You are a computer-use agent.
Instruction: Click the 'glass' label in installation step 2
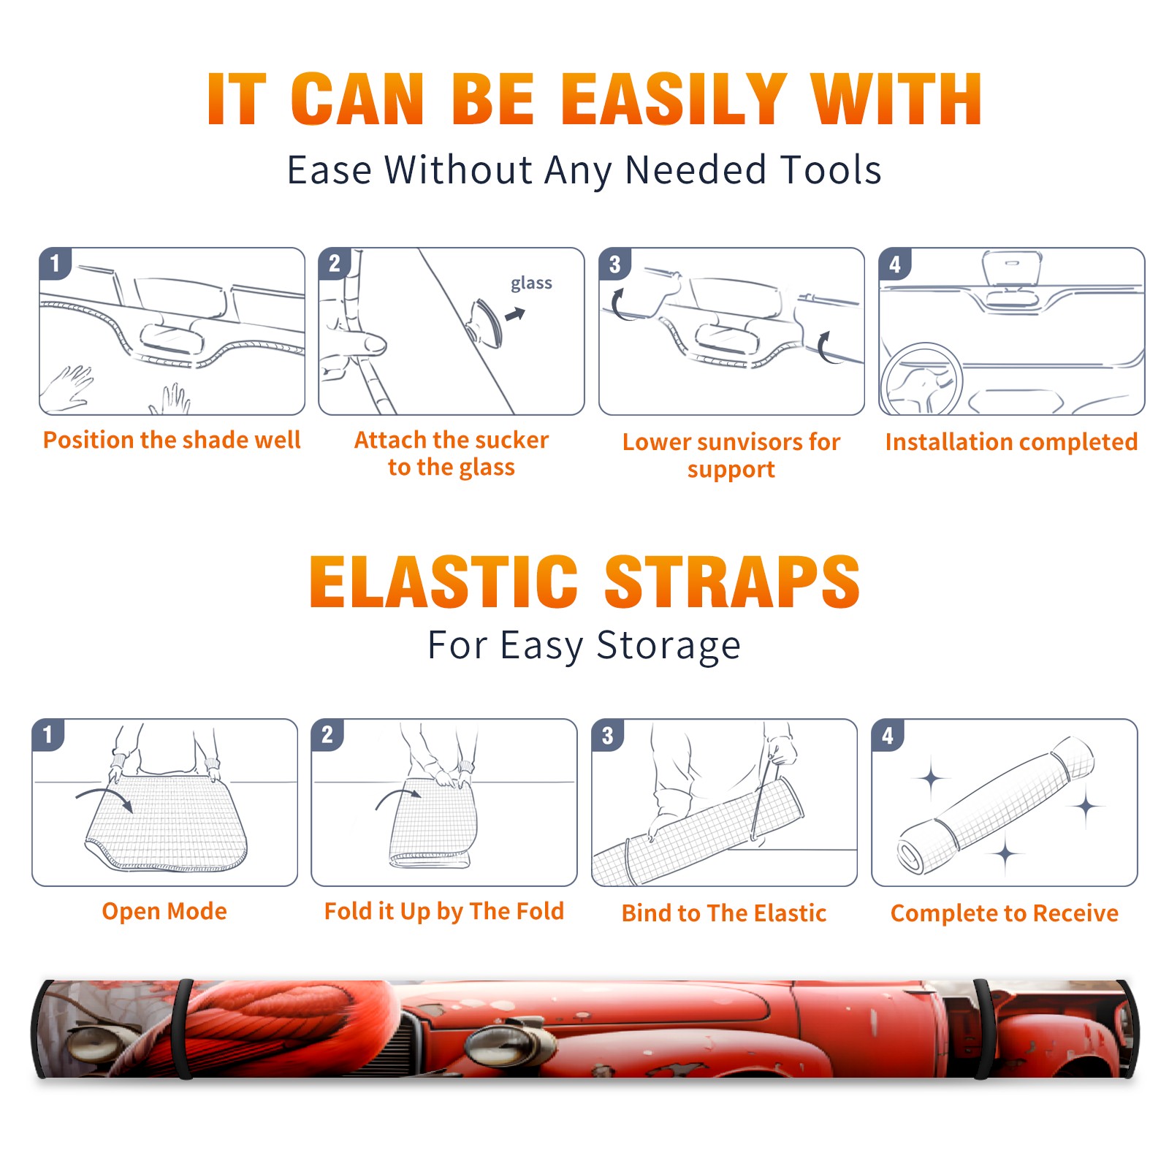point(531,283)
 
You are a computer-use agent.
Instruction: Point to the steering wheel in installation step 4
point(921,380)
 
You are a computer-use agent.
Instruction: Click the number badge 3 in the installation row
point(614,264)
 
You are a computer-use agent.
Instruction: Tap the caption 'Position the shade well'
point(172,440)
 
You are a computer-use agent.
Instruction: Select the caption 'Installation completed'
point(1011,442)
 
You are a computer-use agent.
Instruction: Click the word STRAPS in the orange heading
point(732,582)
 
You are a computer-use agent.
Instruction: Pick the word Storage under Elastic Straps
point(669,647)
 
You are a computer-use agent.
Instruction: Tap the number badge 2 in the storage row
point(327,735)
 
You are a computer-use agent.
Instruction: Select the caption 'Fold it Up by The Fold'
point(444,912)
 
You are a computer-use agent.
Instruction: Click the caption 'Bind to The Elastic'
point(724,913)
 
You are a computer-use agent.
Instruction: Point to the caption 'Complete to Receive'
point(1005,913)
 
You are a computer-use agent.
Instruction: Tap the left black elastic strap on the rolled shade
point(183,1029)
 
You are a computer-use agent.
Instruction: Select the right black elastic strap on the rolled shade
point(983,1029)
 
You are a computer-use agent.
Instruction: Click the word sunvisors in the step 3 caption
point(741,442)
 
